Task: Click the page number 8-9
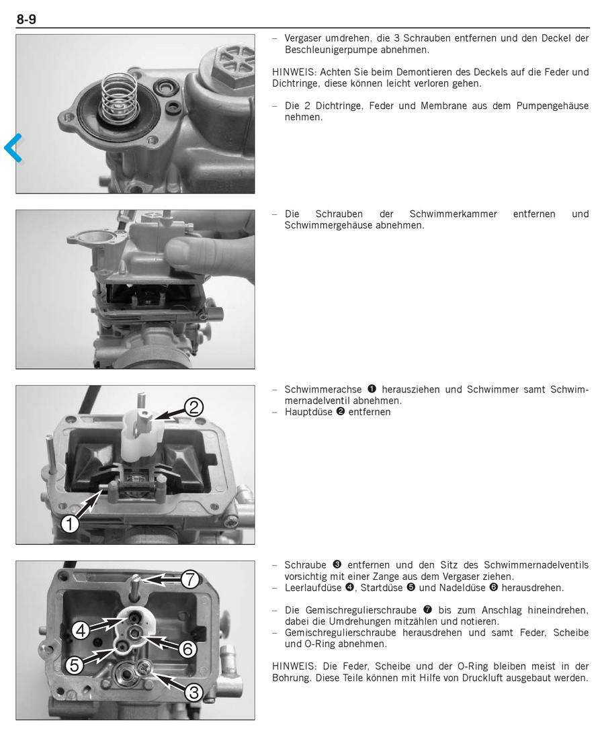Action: [x=26, y=19]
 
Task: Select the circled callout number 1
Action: [x=70, y=524]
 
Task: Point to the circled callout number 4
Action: [x=81, y=631]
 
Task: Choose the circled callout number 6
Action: [x=187, y=648]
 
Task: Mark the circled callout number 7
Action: [x=189, y=579]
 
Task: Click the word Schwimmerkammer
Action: [x=453, y=214]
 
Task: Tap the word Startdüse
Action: [x=382, y=588]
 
